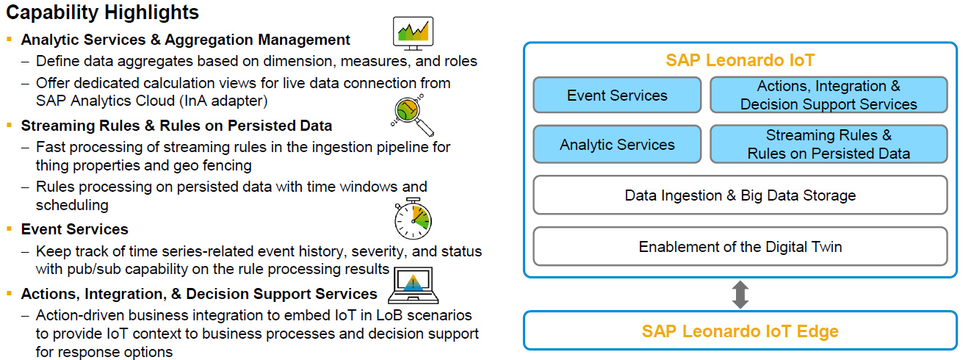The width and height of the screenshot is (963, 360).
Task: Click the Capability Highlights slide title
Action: click(102, 12)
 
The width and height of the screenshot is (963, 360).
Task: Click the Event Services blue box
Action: click(617, 96)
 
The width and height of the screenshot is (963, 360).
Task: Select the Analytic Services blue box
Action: click(617, 145)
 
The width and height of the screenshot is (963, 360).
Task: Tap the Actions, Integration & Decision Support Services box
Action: click(829, 96)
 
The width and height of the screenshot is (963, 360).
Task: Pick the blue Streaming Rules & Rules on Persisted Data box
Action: click(829, 145)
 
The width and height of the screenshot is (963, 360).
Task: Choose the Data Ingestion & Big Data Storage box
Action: click(740, 195)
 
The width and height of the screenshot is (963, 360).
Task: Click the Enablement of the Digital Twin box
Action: click(740, 246)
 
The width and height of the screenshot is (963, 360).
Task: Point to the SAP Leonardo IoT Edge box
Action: click(740, 331)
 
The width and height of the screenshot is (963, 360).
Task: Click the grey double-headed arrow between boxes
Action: click(740, 295)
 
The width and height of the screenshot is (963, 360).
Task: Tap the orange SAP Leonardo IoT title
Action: click(740, 60)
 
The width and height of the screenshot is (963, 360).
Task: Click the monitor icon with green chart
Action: click(414, 32)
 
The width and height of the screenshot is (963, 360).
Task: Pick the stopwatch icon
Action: click(414, 217)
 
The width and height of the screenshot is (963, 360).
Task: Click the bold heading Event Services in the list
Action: click(75, 229)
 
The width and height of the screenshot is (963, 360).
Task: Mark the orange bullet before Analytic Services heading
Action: click(10, 40)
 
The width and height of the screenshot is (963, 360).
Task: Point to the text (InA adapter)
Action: click(230, 100)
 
